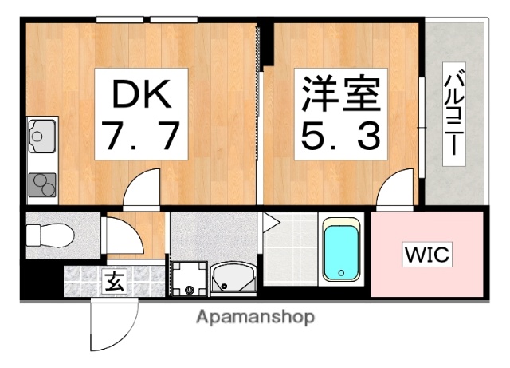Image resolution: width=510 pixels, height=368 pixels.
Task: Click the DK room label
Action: coord(141,95)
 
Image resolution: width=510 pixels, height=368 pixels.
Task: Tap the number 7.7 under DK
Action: coord(141,137)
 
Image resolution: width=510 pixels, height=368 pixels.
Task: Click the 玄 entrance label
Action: coord(114,281)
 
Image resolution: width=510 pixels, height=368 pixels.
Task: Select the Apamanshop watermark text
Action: coord(255,317)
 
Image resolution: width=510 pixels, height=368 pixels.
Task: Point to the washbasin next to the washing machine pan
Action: coord(233,278)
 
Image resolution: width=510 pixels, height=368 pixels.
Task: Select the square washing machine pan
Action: coord(189,279)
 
